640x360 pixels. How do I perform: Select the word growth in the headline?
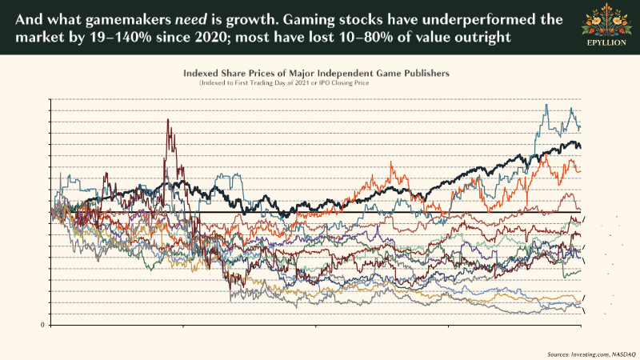[x=258, y=18]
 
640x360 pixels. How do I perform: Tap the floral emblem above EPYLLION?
[x=610, y=19]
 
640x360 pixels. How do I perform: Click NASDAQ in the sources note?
[x=624, y=353]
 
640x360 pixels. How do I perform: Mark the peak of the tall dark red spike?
[x=168, y=120]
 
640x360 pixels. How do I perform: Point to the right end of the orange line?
[x=580, y=169]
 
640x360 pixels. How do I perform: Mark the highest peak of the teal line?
[x=546, y=105]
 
